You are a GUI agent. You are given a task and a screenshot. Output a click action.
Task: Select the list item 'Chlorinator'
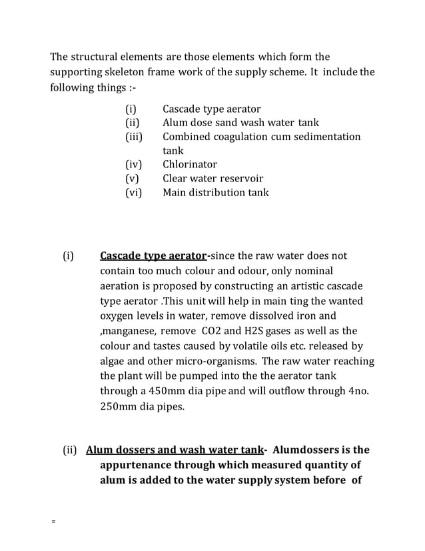[x=189, y=164]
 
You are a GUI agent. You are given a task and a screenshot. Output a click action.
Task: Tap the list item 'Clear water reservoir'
[x=212, y=178]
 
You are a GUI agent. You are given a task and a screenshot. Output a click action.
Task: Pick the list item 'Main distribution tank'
[x=215, y=193]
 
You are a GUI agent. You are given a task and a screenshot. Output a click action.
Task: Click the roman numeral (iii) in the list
[x=135, y=137]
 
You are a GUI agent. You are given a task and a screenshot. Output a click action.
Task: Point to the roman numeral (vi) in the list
[x=134, y=193]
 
